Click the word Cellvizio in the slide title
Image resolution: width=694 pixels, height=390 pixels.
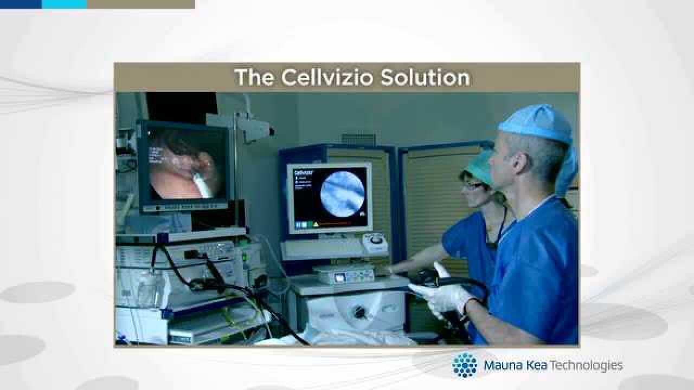[327, 77]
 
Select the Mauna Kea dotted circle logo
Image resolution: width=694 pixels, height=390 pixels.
[465, 365]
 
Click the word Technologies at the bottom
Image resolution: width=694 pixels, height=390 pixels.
[586, 366]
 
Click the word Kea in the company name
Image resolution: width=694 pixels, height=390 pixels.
[537, 366]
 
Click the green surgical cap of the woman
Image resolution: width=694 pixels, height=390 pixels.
[480, 166]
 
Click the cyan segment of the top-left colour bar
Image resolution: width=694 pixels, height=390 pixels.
[64, 4]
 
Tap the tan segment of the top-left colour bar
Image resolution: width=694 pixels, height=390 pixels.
[140, 4]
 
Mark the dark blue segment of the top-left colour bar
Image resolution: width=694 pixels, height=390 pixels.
[21, 4]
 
